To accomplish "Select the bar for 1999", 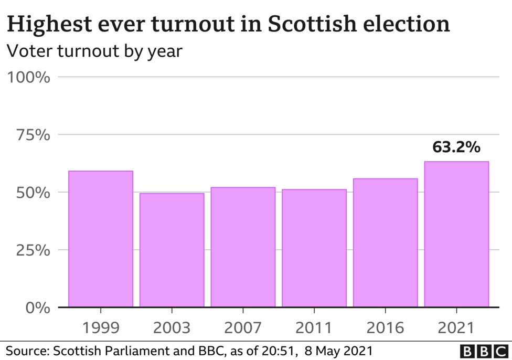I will click(101, 239).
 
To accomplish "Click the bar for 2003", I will click(172, 250).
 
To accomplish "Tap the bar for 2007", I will click(243, 247).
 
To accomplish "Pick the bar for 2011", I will click(314, 248).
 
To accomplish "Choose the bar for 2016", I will click(386, 242).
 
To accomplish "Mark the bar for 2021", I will click(456, 234).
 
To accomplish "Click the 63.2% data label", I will click(456, 147).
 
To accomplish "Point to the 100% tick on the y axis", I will click(28, 78).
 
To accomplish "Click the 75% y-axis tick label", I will click(32, 135).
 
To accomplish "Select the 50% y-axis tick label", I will click(32, 193).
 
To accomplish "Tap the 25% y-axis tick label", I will click(32, 250).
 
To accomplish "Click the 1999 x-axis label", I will click(101, 328).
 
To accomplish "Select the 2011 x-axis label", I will click(314, 328).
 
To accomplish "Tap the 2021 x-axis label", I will click(456, 328).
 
